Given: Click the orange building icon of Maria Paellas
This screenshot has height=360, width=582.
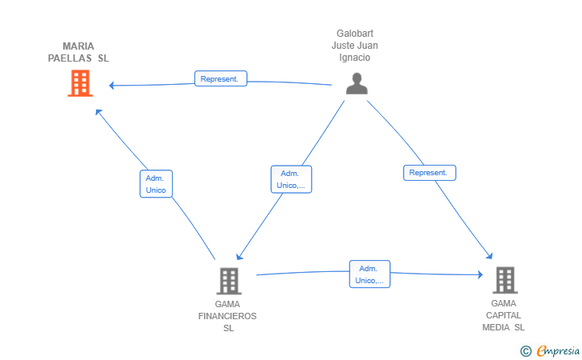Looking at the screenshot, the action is pyautogui.click(x=80, y=83).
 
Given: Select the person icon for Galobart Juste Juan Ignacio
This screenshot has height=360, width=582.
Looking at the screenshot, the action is pyautogui.click(x=357, y=83).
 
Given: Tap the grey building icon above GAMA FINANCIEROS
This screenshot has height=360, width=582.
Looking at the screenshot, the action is pyautogui.click(x=229, y=281).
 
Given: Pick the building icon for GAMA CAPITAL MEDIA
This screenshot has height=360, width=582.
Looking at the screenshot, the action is pyautogui.click(x=505, y=280).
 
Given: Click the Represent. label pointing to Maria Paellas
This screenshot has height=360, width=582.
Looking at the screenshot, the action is pyautogui.click(x=221, y=78).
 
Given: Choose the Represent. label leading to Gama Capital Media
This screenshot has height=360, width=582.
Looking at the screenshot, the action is pyautogui.click(x=429, y=173).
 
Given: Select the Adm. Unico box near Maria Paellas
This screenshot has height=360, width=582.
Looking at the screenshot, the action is pyautogui.click(x=156, y=184).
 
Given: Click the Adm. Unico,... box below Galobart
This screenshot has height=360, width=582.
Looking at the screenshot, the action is pyautogui.click(x=291, y=179).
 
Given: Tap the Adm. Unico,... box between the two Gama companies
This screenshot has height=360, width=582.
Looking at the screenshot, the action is pyautogui.click(x=369, y=274).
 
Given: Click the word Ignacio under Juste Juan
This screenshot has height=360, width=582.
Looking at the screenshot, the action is pyautogui.click(x=354, y=58).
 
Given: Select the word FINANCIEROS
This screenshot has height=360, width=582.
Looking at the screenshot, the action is pyautogui.click(x=227, y=316).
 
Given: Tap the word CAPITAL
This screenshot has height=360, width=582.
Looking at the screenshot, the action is pyautogui.click(x=504, y=315).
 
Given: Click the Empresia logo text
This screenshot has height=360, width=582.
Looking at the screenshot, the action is pyautogui.click(x=558, y=350).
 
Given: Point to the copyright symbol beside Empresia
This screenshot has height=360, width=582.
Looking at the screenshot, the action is pyautogui.click(x=525, y=351).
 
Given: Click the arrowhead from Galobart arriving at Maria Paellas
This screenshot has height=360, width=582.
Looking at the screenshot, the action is pyautogui.click(x=111, y=86).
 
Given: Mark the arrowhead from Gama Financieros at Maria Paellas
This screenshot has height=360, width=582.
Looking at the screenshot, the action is pyautogui.click(x=98, y=112).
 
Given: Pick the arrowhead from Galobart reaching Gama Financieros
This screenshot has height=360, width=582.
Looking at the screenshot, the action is pyautogui.click(x=239, y=256).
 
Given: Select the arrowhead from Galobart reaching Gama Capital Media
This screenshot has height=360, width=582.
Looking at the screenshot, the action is pyautogui.click(x=489, y=256).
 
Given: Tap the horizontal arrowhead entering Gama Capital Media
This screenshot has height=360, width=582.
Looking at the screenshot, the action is pyautogui.click(x=480, y=274).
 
